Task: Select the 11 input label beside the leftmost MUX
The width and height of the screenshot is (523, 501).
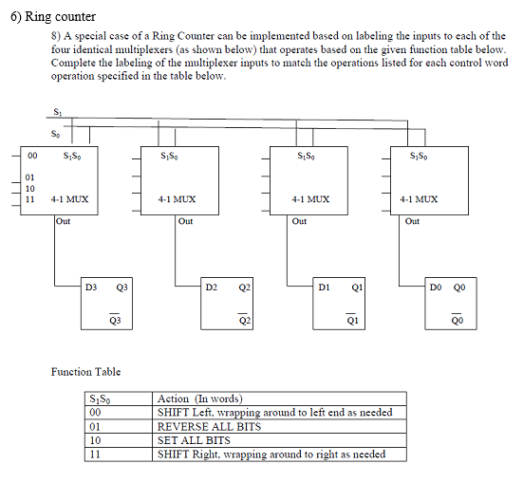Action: tap(30, 199)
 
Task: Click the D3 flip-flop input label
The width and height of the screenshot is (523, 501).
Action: tap(91, 286)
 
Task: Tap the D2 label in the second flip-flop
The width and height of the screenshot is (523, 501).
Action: tap(211, 286)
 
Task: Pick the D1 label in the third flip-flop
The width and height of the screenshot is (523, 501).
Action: tap(325, 286)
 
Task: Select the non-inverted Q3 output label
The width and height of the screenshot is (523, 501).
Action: tap(122, 286)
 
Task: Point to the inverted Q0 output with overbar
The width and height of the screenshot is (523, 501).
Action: tap(458, 321)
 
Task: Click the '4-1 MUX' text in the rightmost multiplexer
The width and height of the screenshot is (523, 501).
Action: tap(419, 200)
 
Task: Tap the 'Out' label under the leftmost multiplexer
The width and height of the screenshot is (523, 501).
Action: tap(64, 221)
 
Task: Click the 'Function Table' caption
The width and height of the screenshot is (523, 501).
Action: tap(85, 372)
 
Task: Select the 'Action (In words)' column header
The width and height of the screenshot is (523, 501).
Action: tap(200, 399)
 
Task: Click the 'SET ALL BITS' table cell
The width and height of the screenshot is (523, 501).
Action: tap(194, 441)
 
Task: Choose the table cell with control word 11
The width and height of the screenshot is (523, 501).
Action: tap(94, 455)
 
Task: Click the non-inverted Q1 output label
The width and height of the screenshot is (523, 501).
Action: tap(355, 286)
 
